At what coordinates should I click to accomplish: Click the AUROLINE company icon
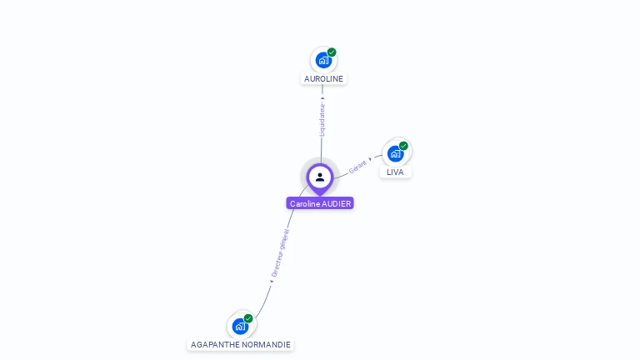322,61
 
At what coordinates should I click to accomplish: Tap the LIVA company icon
395,154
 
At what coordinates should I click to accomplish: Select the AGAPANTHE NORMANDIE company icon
240,326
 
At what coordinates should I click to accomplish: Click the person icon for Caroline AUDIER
320,177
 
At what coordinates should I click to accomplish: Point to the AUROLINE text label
323,78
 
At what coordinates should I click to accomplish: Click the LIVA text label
395,172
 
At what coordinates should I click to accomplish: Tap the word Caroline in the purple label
304,203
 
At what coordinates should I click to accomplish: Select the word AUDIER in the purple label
337,203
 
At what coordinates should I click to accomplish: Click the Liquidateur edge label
322,119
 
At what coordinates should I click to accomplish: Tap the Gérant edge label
357,166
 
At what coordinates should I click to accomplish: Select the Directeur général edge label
279,253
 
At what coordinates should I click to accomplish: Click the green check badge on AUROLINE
332,52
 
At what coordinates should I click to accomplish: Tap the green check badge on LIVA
403,146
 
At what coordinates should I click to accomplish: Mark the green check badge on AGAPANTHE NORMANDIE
248,318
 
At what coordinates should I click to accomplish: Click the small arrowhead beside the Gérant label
370,158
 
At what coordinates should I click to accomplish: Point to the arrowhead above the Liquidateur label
322,98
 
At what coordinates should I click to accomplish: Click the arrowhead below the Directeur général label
271,281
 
